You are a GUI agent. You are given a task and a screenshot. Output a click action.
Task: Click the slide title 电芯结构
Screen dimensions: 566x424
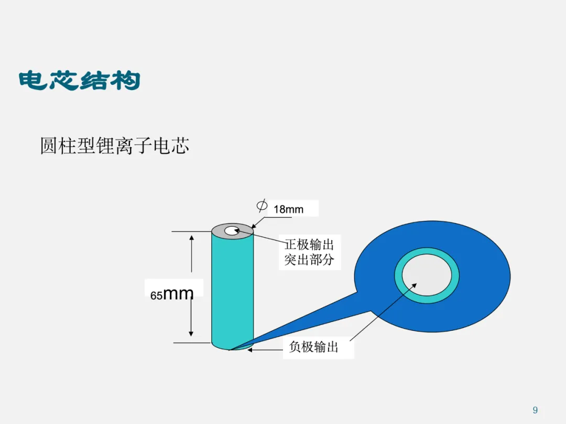click(x=79, y=81)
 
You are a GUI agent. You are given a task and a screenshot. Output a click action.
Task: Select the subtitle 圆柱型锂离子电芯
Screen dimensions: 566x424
click(x=114, y=146)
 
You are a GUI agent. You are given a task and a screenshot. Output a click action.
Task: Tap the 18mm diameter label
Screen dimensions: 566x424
click(x=288, y=209)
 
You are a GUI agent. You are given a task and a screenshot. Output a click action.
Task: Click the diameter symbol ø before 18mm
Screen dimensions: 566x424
click(x=262, y=205)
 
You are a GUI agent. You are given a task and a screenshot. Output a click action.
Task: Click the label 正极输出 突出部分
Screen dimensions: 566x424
click(x=309, y=252)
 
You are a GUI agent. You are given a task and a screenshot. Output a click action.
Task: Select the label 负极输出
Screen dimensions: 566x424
click(x=313, y=347)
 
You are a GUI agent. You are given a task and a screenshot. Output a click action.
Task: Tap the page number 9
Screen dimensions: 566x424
click(x=535, y=410)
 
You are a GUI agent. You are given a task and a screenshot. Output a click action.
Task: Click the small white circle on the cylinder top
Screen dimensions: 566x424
click(x=231, y=231)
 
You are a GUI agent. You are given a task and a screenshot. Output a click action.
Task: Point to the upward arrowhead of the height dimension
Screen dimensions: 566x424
click(x=191, y=238)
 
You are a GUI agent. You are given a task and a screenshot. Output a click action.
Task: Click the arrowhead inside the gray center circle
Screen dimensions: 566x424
click(x=413, y=286)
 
